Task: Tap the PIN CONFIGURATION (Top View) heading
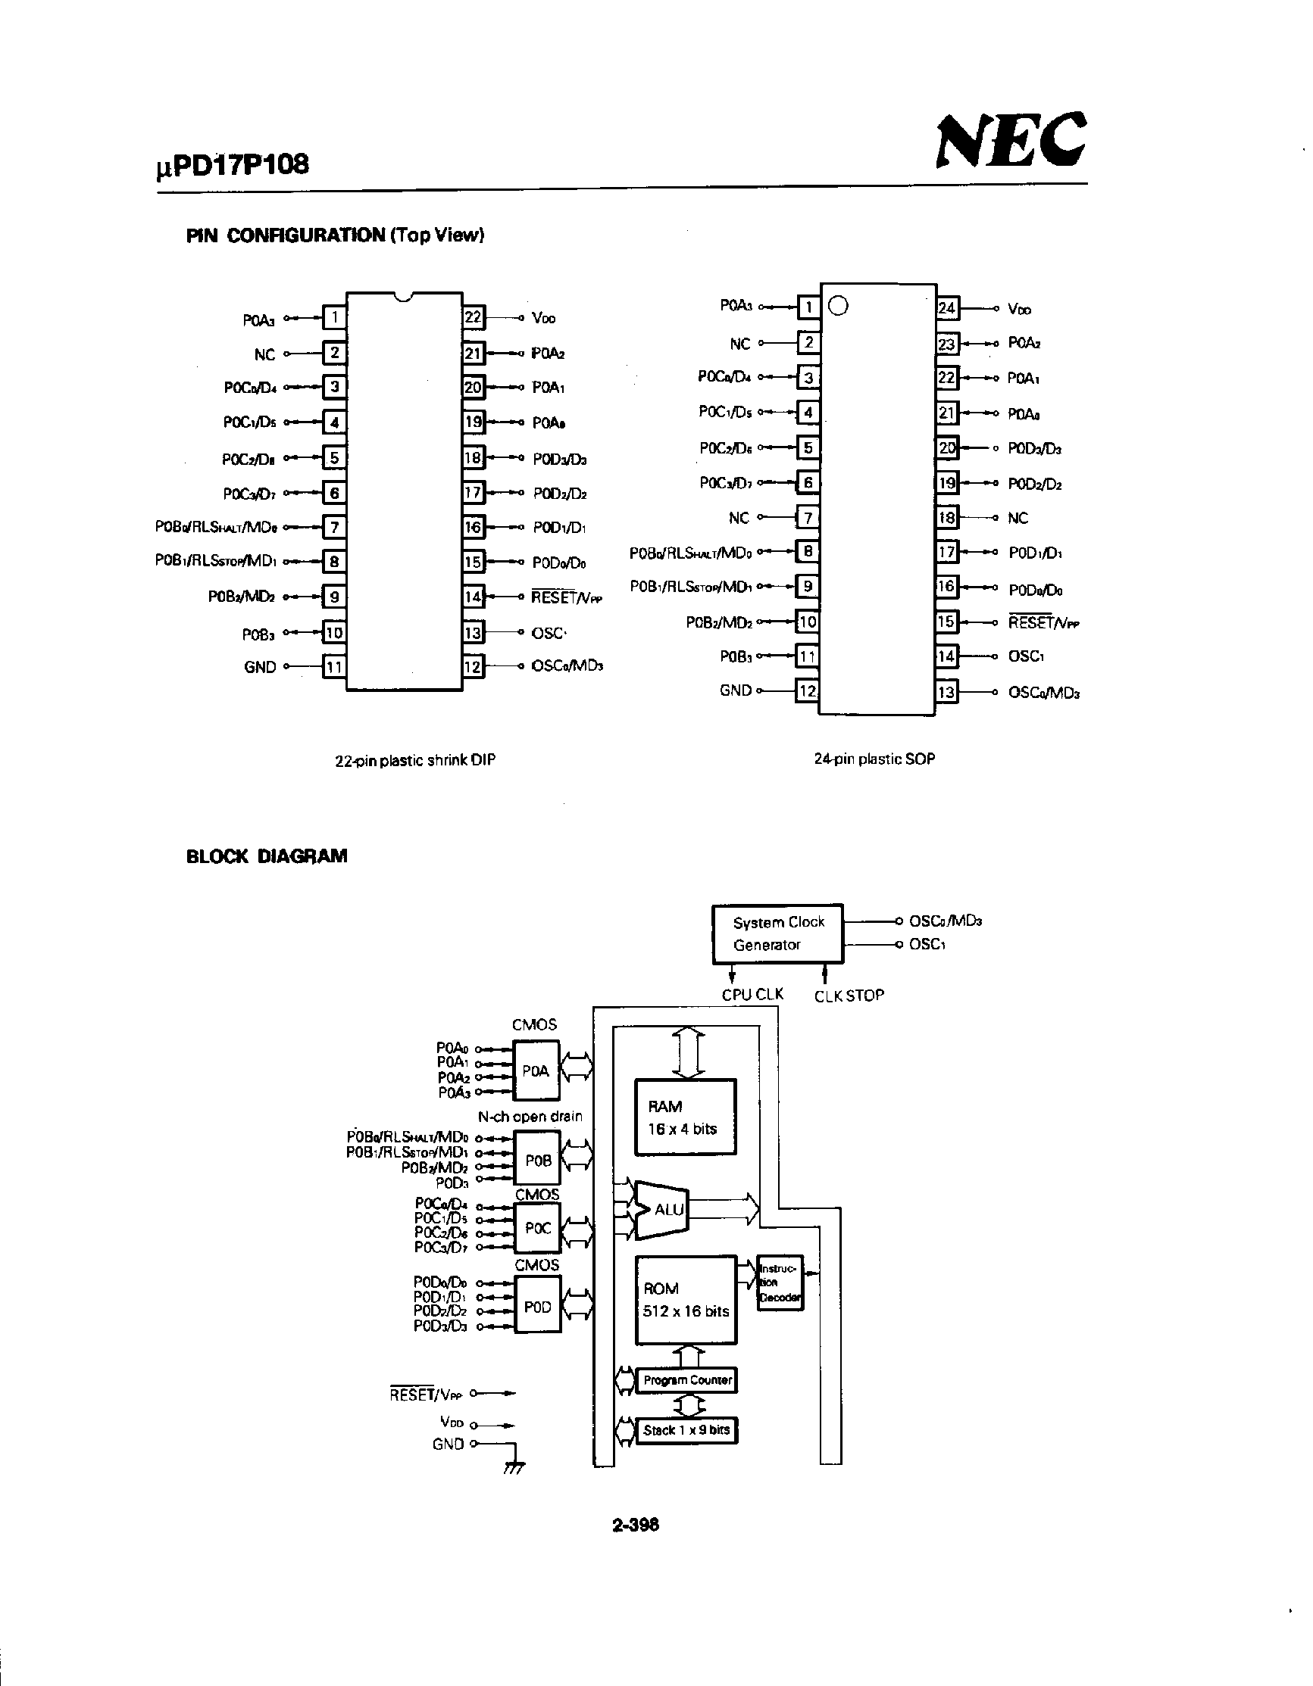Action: (334, 235)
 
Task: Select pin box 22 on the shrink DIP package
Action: (473, 317)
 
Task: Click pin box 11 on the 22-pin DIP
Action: (333, 666)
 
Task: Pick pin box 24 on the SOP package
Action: (947, 308)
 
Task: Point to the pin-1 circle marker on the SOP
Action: (838, 307)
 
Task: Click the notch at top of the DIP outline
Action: (402, 298)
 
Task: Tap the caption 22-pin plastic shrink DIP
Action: (414, 760)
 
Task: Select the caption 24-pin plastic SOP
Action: (874, 759)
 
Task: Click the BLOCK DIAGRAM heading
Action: (267, 856)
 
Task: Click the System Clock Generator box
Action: (777, 933)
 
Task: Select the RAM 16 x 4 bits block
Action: (685, 1117)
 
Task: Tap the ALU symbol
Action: (664, 1209)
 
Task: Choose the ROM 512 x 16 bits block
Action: (685, 1300)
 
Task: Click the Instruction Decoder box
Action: (780, 1282)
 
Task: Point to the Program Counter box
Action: (686, 1379)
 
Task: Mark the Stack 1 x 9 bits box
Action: (686, 1429)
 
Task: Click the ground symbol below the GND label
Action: (513, 1467)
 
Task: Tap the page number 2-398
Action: (635, 1525)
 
